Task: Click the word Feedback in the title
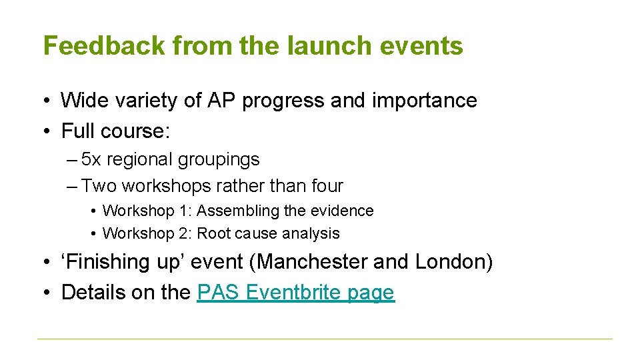pos(103,46)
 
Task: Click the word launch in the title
pos(321,46)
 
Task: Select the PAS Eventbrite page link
pos(295,293)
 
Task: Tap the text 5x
pos(91,160)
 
